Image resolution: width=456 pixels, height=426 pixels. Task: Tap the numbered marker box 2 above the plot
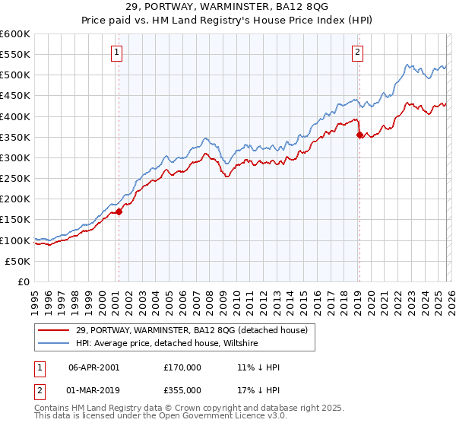tap(357, 52)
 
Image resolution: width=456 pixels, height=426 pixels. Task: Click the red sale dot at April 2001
tap(119, 212)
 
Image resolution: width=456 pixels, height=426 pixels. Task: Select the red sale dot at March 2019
tap(359, 135)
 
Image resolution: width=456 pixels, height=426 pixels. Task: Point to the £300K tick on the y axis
tap(15, 157)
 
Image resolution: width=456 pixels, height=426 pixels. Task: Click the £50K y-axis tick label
tap(18, 261)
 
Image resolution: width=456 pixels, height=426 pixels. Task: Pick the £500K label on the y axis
tap(15, 75)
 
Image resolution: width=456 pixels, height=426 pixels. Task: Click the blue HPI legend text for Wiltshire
tap(167, 344)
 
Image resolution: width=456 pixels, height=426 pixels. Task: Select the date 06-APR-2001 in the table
tap(93, 367)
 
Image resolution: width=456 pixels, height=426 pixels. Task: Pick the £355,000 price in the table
tap(182, 390)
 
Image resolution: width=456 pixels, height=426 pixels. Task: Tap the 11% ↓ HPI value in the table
tap(258, 367)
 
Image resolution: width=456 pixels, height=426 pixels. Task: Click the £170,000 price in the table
tap(182, 367)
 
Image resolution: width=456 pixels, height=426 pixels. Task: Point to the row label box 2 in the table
tap(39, 390)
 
